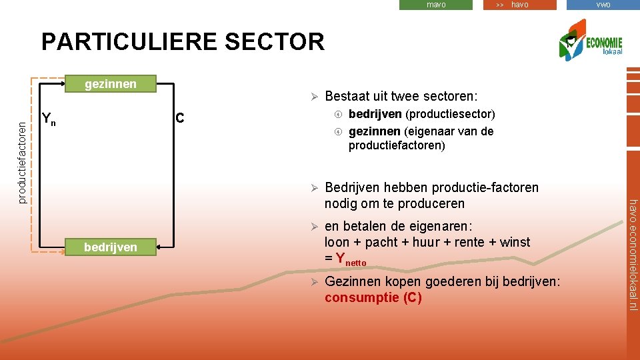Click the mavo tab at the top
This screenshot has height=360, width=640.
pos(436,5)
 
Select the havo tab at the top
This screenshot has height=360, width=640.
pos(519,5)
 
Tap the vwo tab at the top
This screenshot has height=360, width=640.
pos(603,5)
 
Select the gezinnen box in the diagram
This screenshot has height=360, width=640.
pos(110,84)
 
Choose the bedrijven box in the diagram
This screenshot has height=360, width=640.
pos(110,247)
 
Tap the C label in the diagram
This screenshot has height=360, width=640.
pos(179,119)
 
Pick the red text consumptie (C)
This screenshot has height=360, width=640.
pos(373,297)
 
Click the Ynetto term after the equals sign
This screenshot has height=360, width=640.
pos(351,259)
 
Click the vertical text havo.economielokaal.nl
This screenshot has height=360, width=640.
pos(633,254)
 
